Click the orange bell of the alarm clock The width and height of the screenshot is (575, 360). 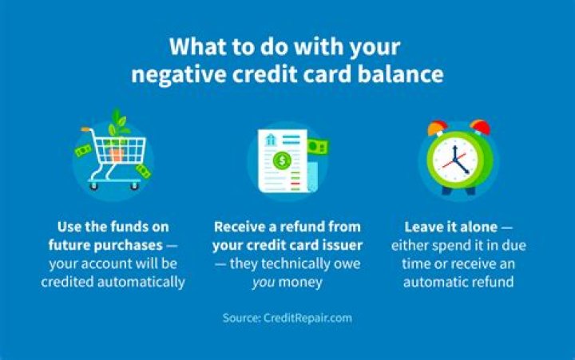tap(436, 127)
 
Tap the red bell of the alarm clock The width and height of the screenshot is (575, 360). tap(479, 128)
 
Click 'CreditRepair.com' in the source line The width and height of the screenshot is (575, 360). tap(308, 318)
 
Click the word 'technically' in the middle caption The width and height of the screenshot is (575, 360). tap(295, 263)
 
